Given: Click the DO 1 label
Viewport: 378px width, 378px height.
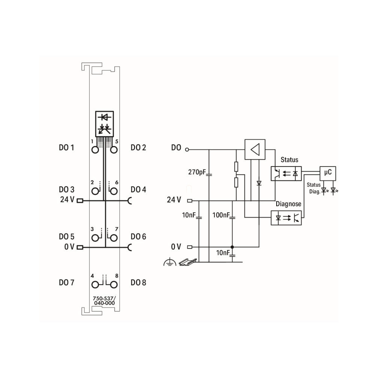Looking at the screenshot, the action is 67,147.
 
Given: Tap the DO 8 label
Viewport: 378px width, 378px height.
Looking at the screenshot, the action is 138,282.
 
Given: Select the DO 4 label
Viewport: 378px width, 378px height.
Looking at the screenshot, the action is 138,189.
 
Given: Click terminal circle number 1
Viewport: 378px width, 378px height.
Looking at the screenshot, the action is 95,150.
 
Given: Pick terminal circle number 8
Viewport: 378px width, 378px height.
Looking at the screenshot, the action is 114,285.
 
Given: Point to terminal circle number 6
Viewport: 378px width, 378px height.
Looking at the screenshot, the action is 114,191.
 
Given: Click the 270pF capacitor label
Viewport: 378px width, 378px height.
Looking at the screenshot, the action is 197,172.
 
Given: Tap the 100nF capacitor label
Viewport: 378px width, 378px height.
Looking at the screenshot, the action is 221,215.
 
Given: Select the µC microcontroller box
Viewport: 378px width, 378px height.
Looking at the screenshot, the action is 328,173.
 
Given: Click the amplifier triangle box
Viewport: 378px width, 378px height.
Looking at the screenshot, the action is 255,149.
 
